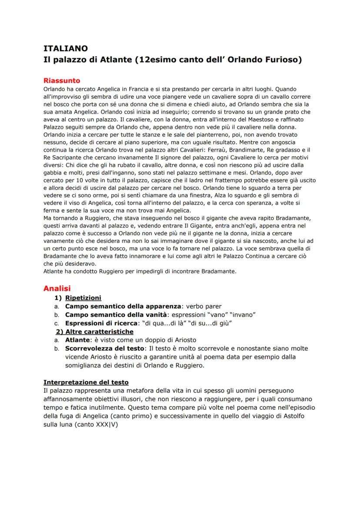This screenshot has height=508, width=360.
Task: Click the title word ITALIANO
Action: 66,49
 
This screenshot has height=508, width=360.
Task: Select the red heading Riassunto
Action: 61,80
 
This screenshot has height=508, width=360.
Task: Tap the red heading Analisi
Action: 57,288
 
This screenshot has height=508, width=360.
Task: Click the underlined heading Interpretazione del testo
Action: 86,382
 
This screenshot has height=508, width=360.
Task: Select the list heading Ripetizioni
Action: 83,298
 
